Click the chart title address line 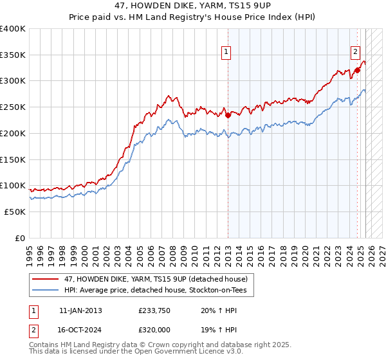point(193,6)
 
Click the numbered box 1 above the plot point(227,53)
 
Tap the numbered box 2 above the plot point(355,53)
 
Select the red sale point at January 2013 point(228,116)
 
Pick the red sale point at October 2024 point(357,70)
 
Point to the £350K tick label point(13,55)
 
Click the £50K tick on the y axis point(15,212)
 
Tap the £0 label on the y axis point(21,238)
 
